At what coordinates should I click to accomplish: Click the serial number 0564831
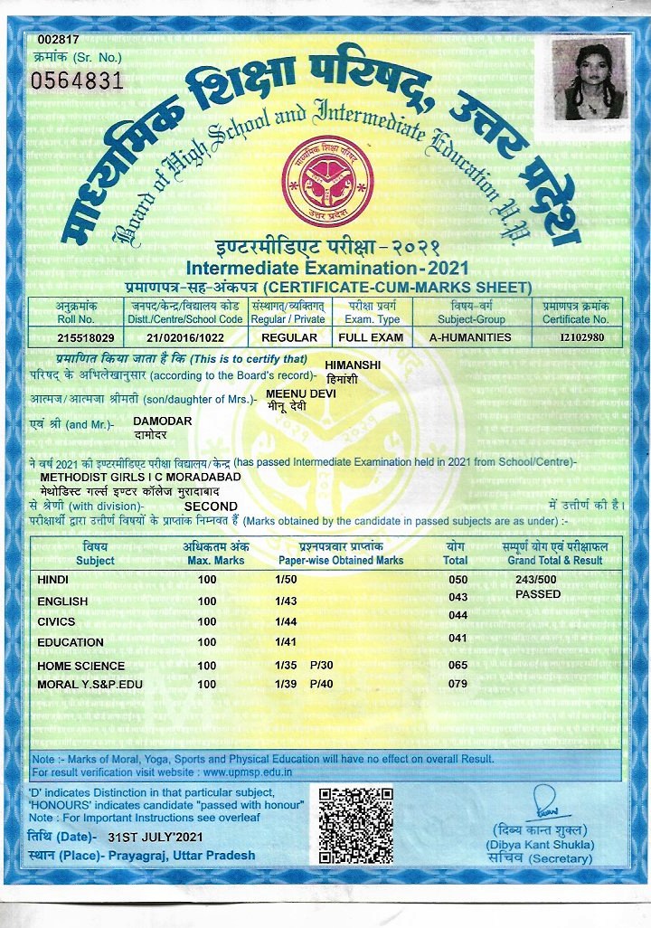(77, 80)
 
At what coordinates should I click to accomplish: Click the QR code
(356, 825)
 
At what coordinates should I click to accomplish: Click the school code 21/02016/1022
(184, 337)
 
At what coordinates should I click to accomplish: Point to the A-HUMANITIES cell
(470, 337)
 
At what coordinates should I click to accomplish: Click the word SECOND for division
(211, 507)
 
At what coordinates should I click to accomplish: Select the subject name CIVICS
(56, 622)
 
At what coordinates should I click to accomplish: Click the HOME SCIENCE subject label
(81, 666)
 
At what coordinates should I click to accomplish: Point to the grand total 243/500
(536, 580)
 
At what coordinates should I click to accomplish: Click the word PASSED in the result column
(538, 594)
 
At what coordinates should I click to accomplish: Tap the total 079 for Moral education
(458, 685)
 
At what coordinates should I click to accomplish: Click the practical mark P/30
(322, 666)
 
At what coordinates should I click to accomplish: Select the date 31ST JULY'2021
(158, 837)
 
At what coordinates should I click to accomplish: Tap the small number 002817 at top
(59, 39)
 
